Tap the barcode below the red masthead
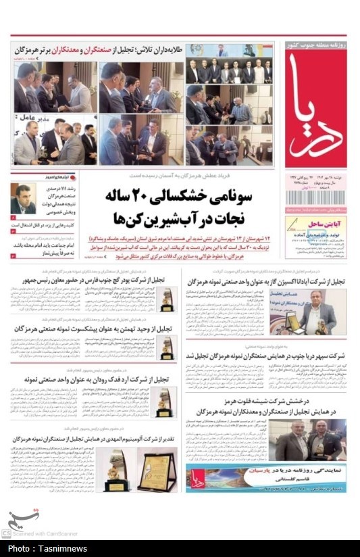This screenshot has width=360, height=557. click(x=315, y=197)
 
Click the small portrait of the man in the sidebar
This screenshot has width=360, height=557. click(x=23, y=199)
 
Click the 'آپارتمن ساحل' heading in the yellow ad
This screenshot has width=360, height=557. click(x=315, y=223)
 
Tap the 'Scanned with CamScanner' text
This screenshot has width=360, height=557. click(x=45, y=534)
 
